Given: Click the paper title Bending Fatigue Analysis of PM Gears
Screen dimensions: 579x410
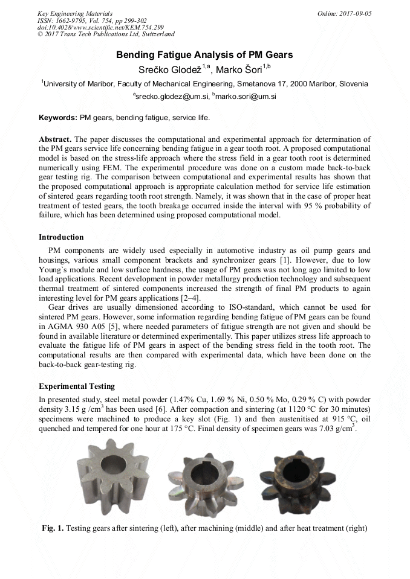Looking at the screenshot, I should point(204,55).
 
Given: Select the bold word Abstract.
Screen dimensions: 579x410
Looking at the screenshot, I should point(56,139).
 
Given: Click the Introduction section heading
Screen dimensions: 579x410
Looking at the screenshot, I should point(61,237).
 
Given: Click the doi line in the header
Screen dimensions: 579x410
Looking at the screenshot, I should point(92,28).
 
